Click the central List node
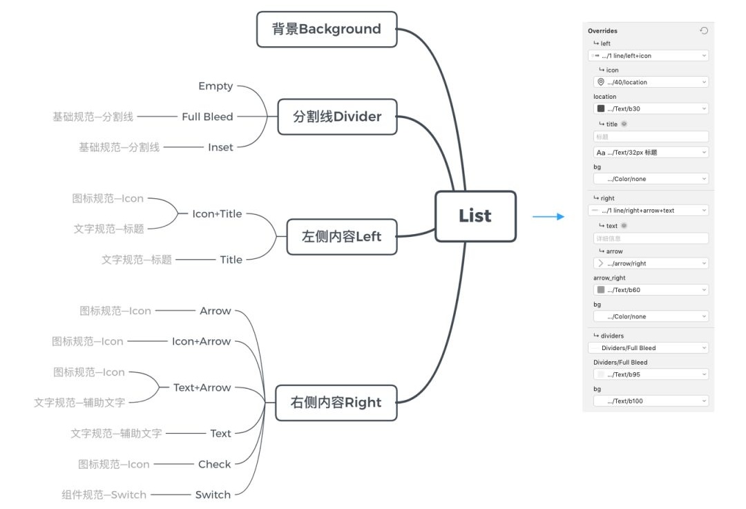pos(475,216)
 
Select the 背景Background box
pos(327,29)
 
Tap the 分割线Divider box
pos(337,117)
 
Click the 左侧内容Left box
pos(341,236)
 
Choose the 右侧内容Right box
pos(336,403)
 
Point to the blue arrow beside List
pos(548,217)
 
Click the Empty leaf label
pos(216,86)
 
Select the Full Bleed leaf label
pos(207,117)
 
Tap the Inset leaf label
pos(220,147)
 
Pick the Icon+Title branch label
pos(217,214)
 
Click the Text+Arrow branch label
pos(202,387)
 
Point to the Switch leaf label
pos(213,494)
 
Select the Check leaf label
pos(214,464)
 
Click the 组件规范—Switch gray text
pos(104,494)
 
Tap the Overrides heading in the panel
pos(602,31)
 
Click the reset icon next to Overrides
pos(703,30)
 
